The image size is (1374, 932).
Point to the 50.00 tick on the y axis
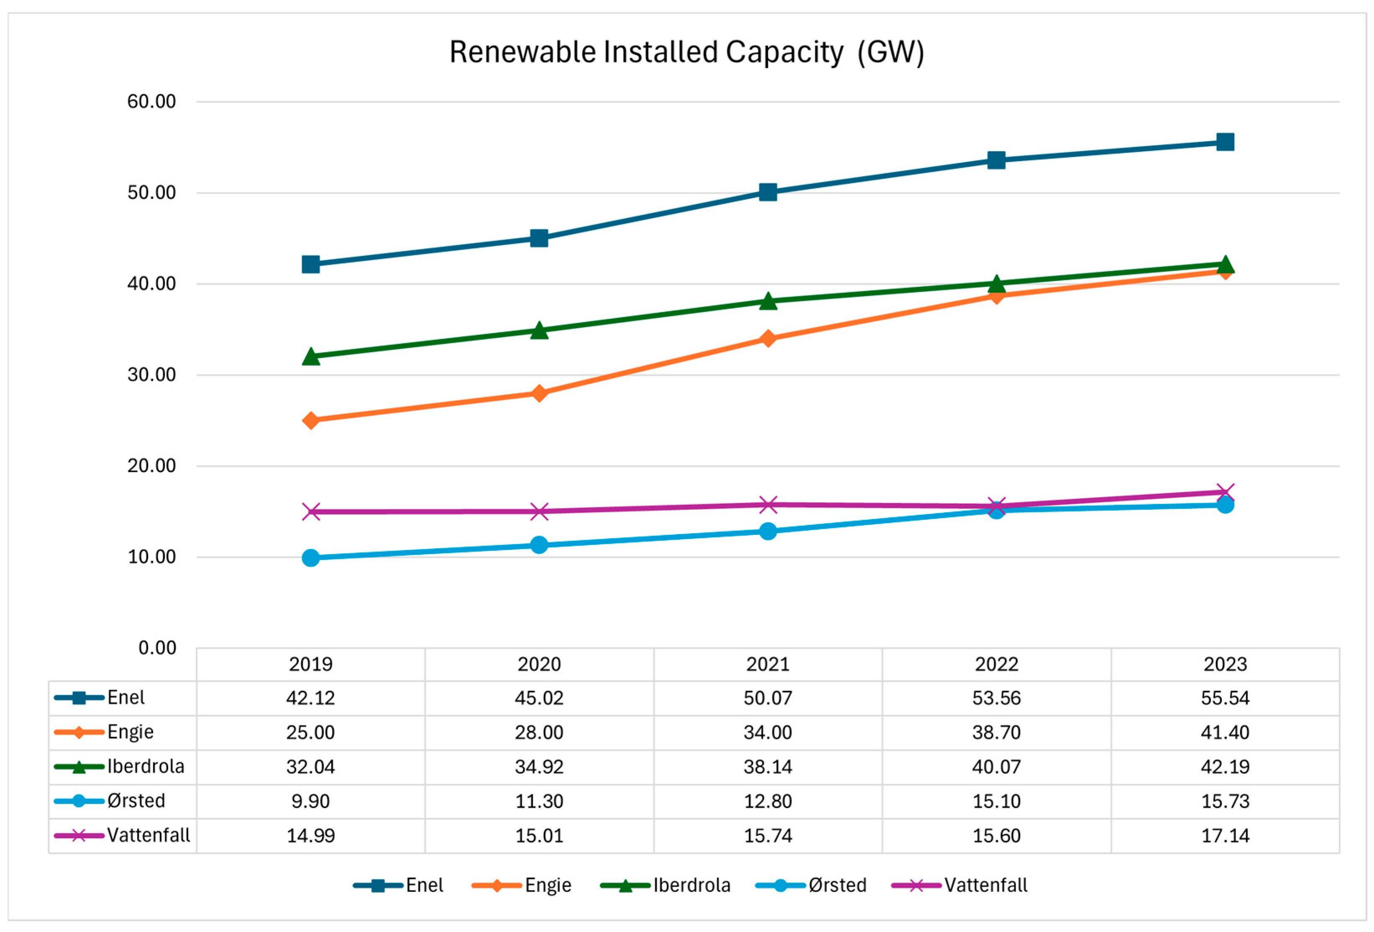pyautogui.click(x=151, y=193)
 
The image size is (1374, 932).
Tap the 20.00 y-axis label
pyautogui.click(x=151, y=466)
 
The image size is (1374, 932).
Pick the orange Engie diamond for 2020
pyautogui.click(x=539, y=393)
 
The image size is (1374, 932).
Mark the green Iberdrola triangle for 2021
pyautogui.click(x=768, y=301)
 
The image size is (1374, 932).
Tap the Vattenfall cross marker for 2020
pyautogui.click(x=539, y=511)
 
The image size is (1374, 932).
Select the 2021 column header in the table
pyautogui.click(x=768, y=665)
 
